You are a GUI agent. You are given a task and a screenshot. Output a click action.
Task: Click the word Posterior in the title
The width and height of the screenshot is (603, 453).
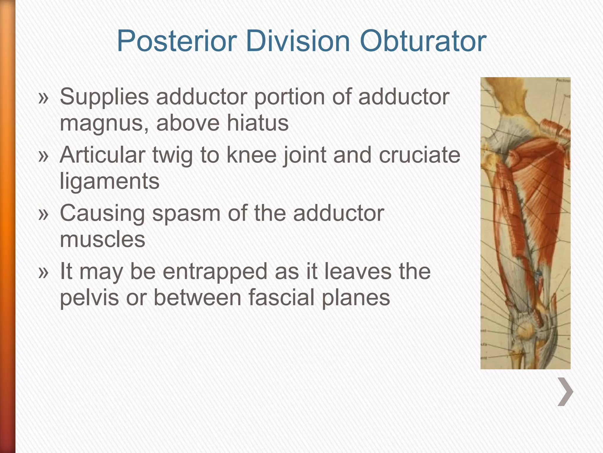click(x=177, y=41)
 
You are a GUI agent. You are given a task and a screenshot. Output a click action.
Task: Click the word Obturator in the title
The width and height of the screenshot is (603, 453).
click(x=423, y=41)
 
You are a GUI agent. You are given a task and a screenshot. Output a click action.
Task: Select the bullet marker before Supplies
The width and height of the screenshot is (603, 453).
click(x=43, y=99)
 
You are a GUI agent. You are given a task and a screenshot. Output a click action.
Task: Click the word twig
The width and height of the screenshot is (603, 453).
click(x=173, y=156)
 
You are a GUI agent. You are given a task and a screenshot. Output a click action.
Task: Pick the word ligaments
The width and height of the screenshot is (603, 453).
click(x=110, y=182)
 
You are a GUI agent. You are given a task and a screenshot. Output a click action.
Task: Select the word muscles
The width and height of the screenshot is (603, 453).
click(x=102, y=239)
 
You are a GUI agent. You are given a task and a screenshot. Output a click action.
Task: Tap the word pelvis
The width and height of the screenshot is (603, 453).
click(x=89, y=298)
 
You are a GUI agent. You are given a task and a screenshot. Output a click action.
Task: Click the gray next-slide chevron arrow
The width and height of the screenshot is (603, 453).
click(x=565, y=392)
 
